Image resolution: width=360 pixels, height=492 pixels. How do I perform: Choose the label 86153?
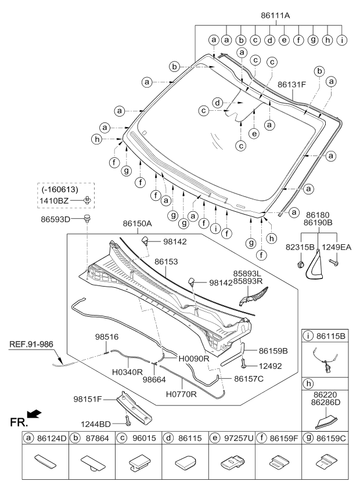point(166,262)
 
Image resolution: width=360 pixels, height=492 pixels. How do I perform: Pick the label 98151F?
point(88,399)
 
